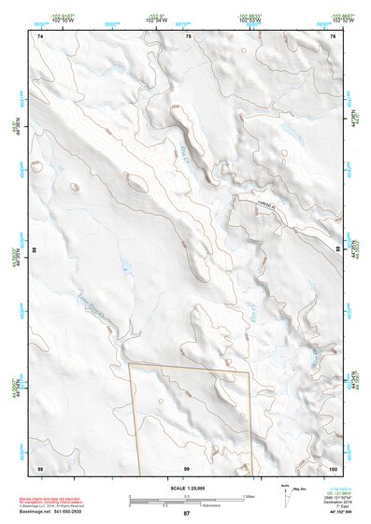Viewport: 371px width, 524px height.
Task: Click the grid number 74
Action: point(40,35)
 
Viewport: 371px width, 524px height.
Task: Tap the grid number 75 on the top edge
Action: point(188,35)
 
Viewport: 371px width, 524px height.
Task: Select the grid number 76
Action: point(333,35)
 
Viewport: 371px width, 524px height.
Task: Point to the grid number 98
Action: point(40,467)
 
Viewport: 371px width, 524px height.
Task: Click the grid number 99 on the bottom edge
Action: point(187,467)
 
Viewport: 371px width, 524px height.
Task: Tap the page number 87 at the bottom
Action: point(186,514)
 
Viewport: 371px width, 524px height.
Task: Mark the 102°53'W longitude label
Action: point(249,19)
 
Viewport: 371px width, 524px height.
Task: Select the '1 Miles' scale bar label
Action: point(249,495)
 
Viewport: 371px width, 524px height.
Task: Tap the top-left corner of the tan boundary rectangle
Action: point(129,363)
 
